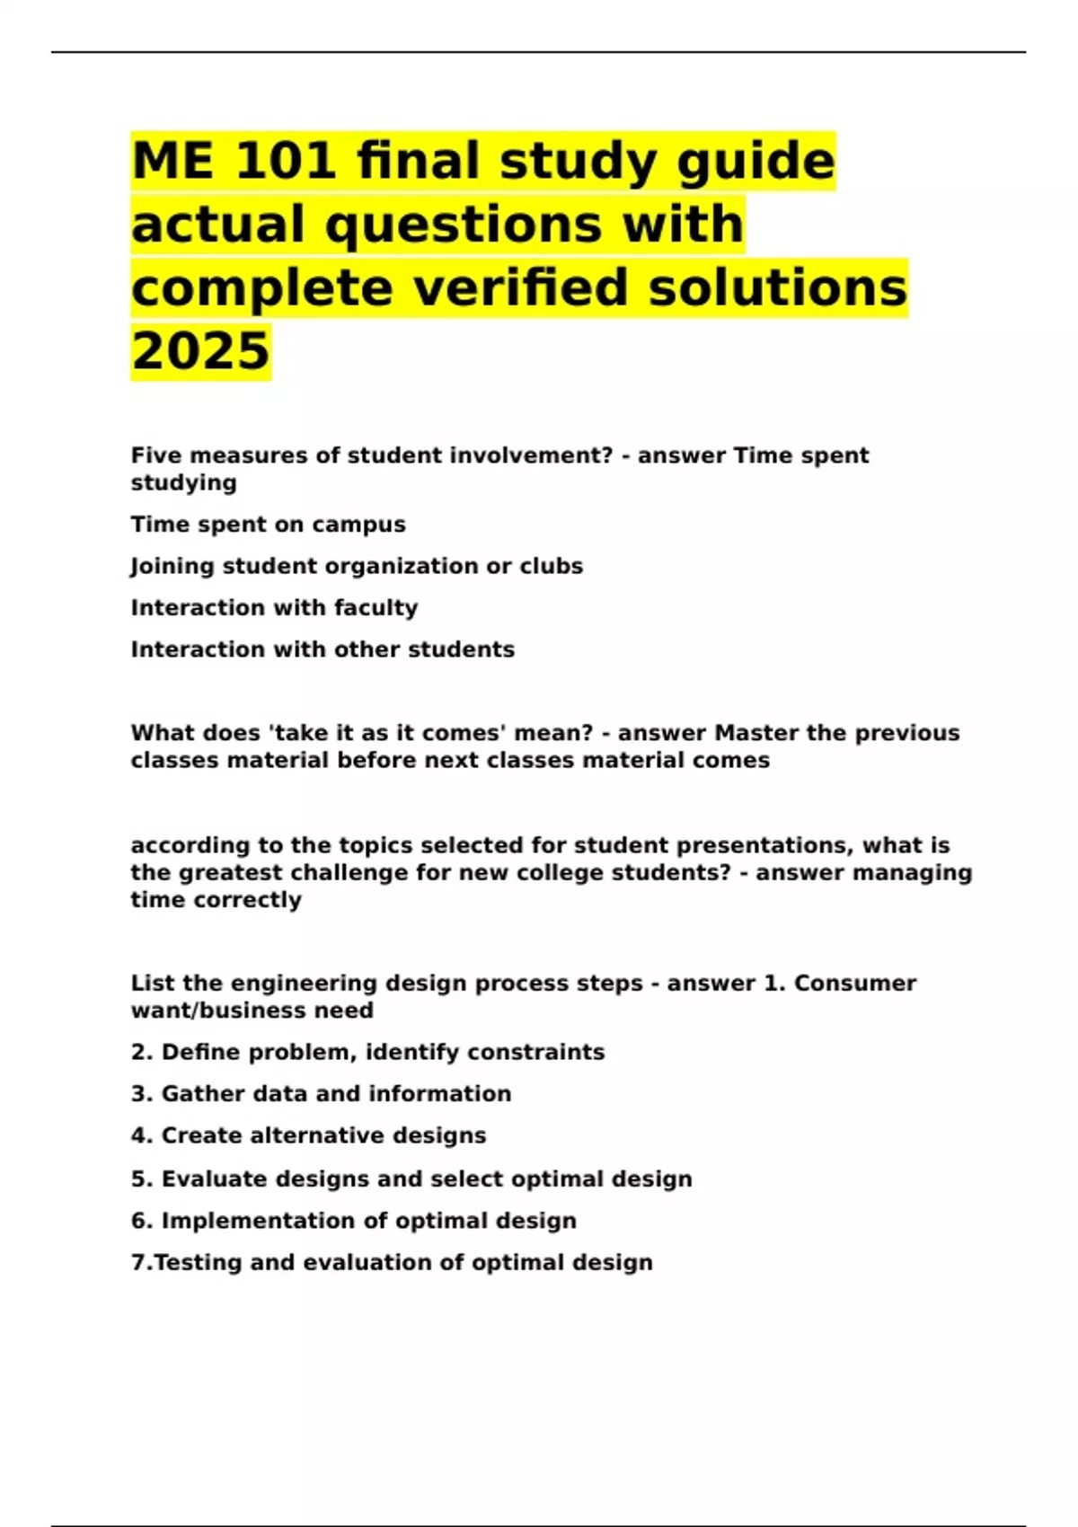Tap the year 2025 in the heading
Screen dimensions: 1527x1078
coord(200,350)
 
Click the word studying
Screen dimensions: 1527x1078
coord(183,483)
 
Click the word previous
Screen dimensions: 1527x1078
coord(906,733)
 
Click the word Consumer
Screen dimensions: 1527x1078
coord(855,984)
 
